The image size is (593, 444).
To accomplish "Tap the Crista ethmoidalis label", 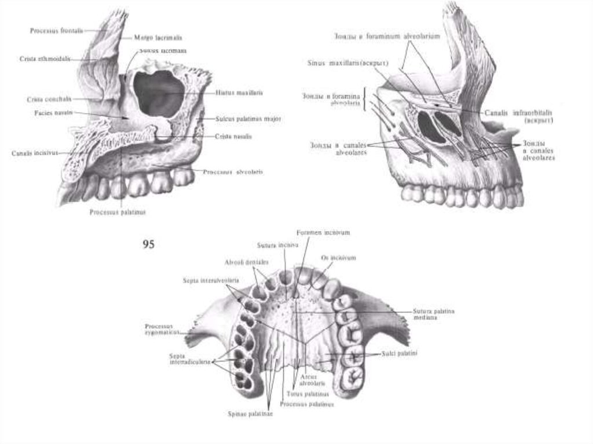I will click(45, 58).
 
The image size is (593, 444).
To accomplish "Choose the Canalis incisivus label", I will click(33, 153).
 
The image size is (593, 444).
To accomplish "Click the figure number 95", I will click(149, 245).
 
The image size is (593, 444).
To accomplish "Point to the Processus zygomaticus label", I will click(163, 329).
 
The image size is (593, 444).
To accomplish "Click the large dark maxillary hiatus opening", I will click(158, 93).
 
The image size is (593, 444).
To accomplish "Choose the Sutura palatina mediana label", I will click(434, 314).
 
